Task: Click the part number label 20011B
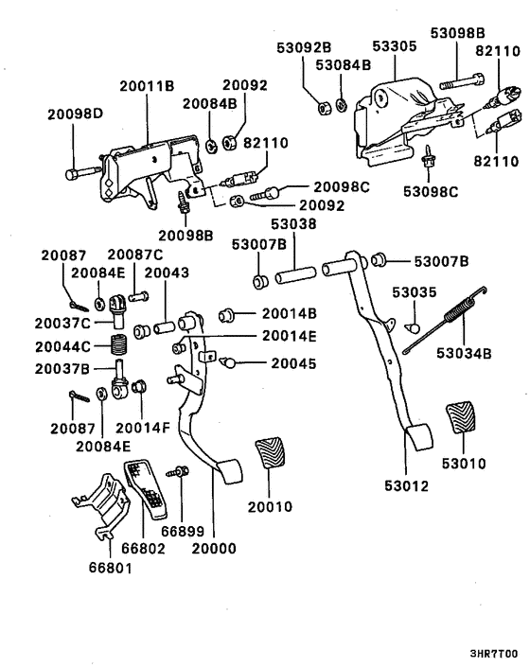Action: coord(147,85)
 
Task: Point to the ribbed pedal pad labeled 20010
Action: coord(271,457)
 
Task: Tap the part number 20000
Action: coord(213,547)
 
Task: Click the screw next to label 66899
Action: coord(176,471)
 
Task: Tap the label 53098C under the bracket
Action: coord(433,193)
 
